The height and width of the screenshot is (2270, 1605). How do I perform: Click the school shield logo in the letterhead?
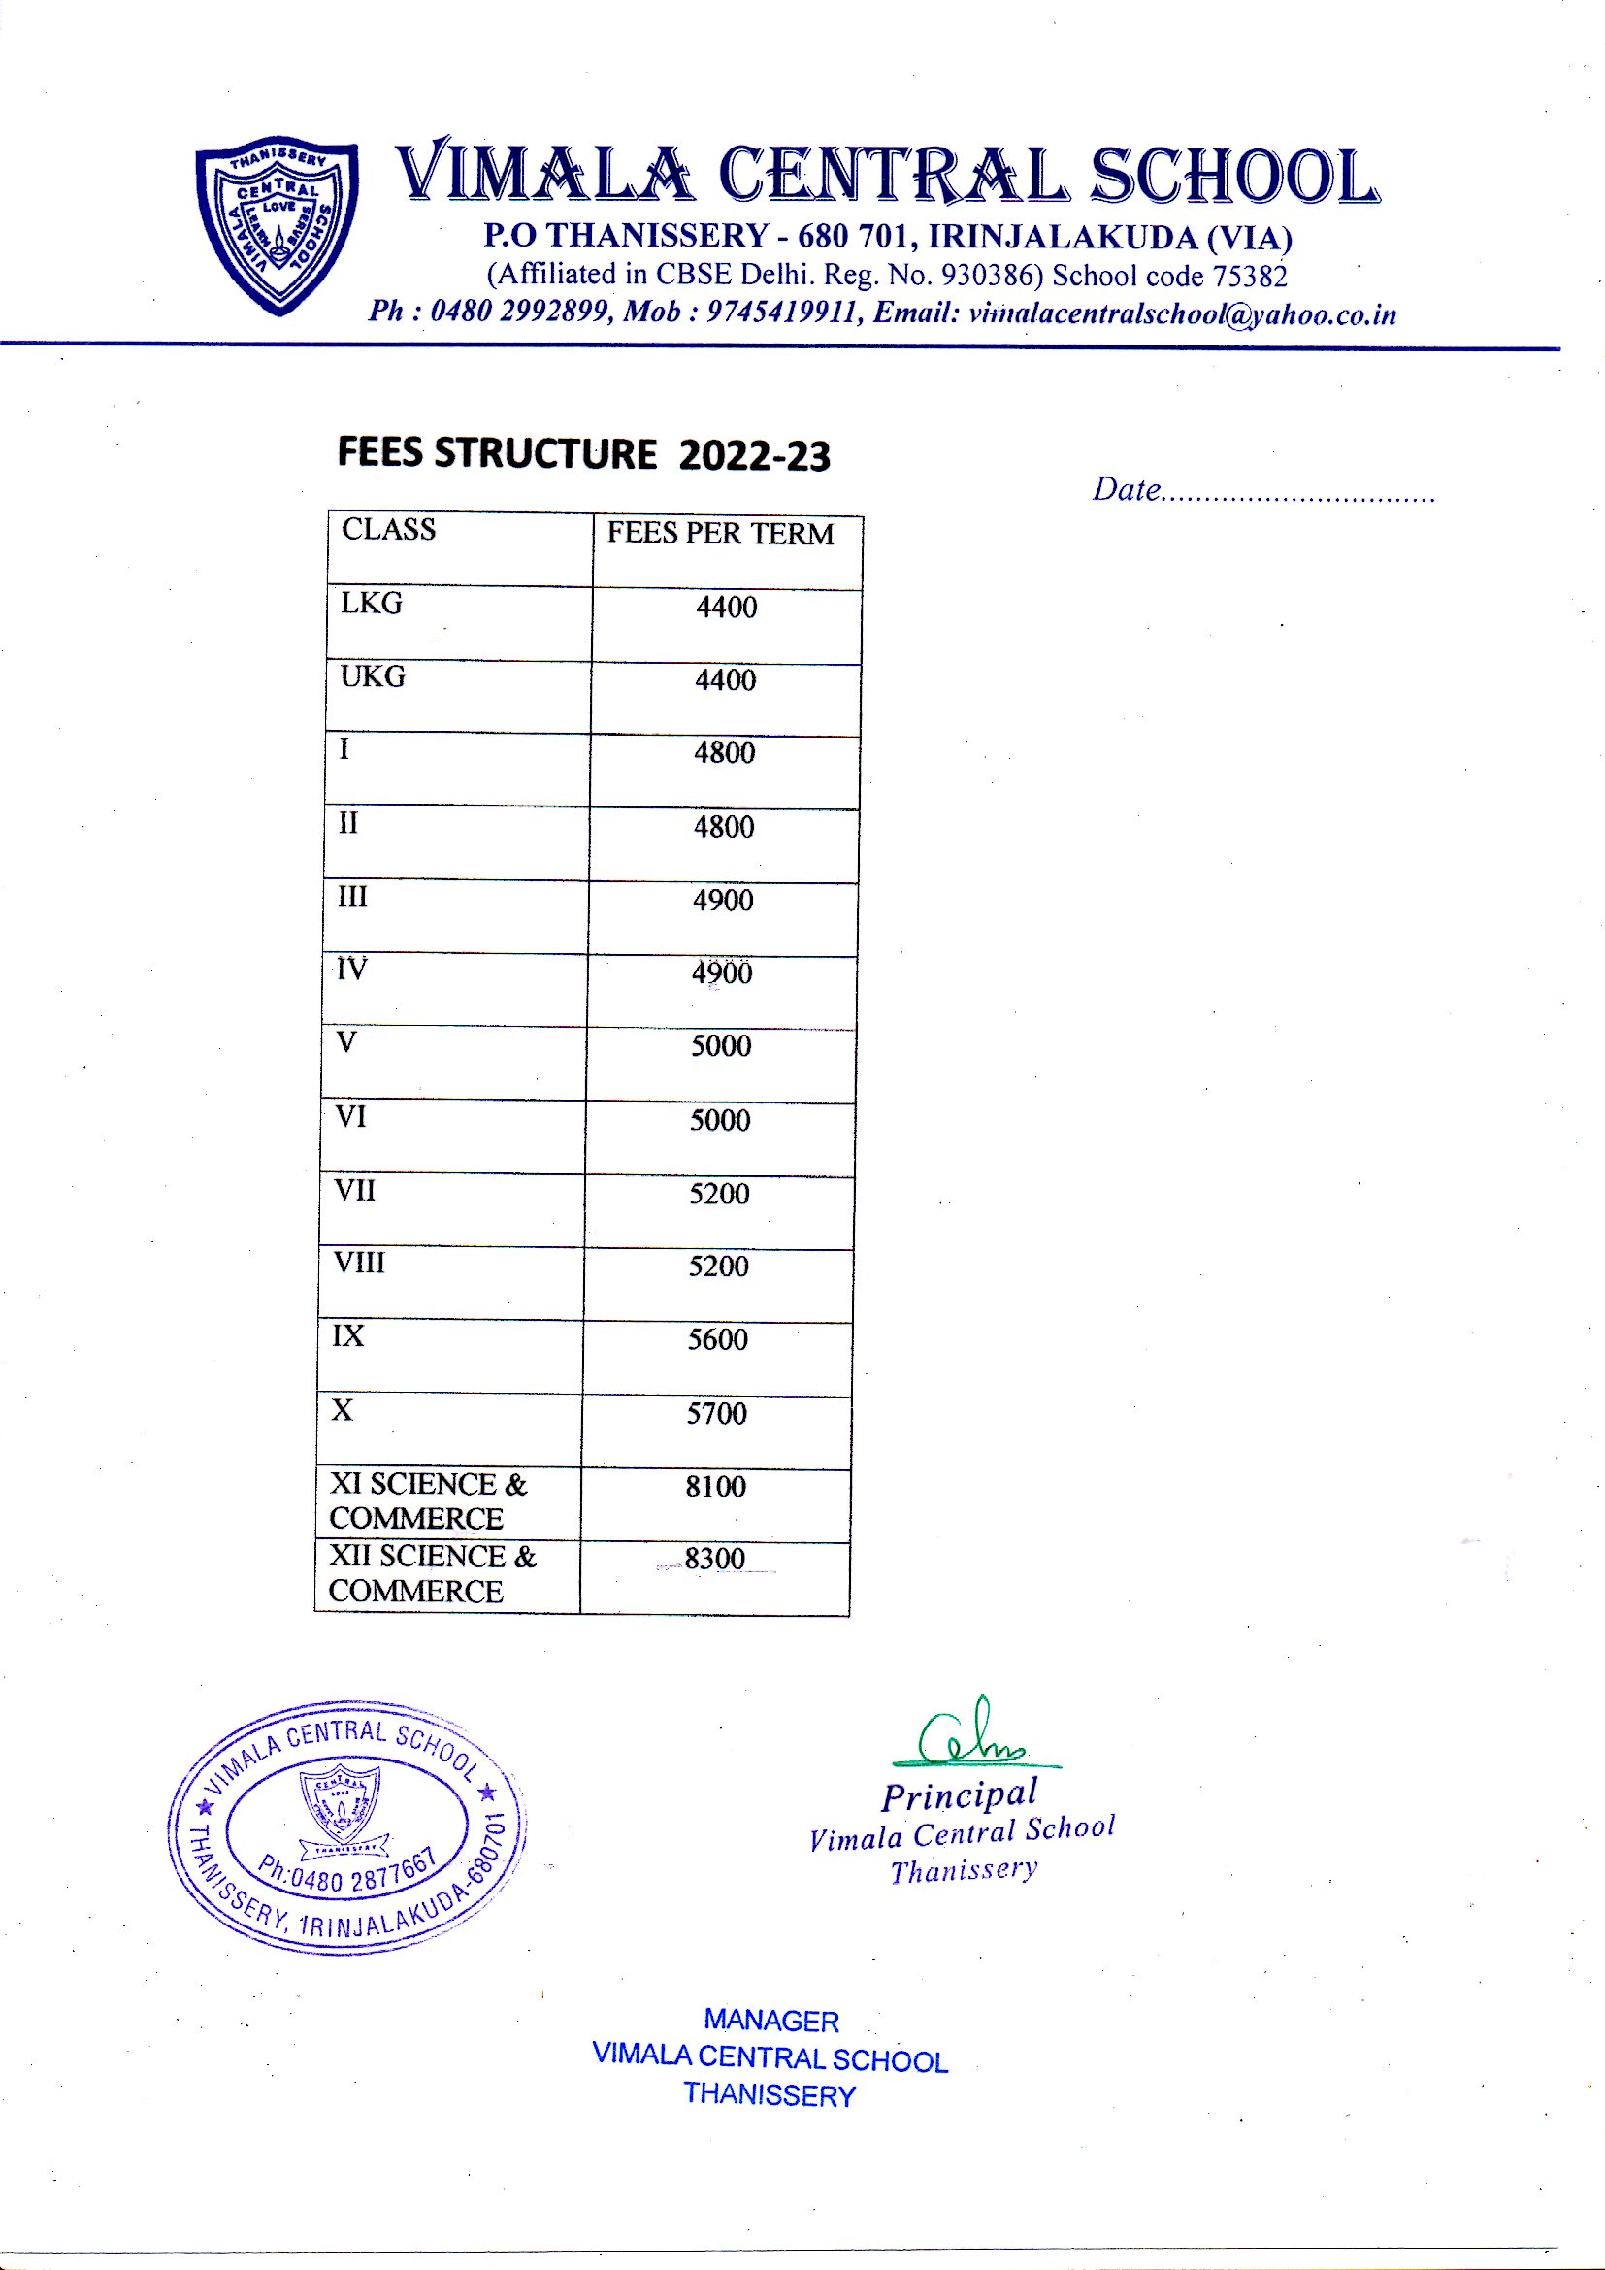tap(278, 223)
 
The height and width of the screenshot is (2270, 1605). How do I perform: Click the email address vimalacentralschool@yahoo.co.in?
tap(1182, 314)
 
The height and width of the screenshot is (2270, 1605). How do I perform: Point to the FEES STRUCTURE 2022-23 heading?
tap(583, 454)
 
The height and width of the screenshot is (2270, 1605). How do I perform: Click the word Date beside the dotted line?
tap(1126, 489)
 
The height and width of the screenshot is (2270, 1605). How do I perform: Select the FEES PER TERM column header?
tap(720, 534)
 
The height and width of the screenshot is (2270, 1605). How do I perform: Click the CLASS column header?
tap(388, 530)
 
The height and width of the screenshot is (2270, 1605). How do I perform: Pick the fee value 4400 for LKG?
tap(727, 607)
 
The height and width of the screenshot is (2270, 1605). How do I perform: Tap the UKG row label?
tap(373, 677)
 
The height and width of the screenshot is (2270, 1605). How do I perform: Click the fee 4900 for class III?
tap(723, 901)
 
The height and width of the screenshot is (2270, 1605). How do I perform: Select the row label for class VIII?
tap(359, 1264)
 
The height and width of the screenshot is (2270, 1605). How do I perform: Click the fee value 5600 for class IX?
tap(717, 1339)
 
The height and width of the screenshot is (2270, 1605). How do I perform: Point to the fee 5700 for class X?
tap(716, 1414)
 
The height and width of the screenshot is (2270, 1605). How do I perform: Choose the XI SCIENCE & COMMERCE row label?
tap(427, 1500)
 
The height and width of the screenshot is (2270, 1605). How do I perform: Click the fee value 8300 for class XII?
tap(714, 1560)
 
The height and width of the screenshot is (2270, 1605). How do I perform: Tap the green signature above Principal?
tap(972, 1735)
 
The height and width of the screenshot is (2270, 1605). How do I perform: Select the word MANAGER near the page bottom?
tap(770, 2021)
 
